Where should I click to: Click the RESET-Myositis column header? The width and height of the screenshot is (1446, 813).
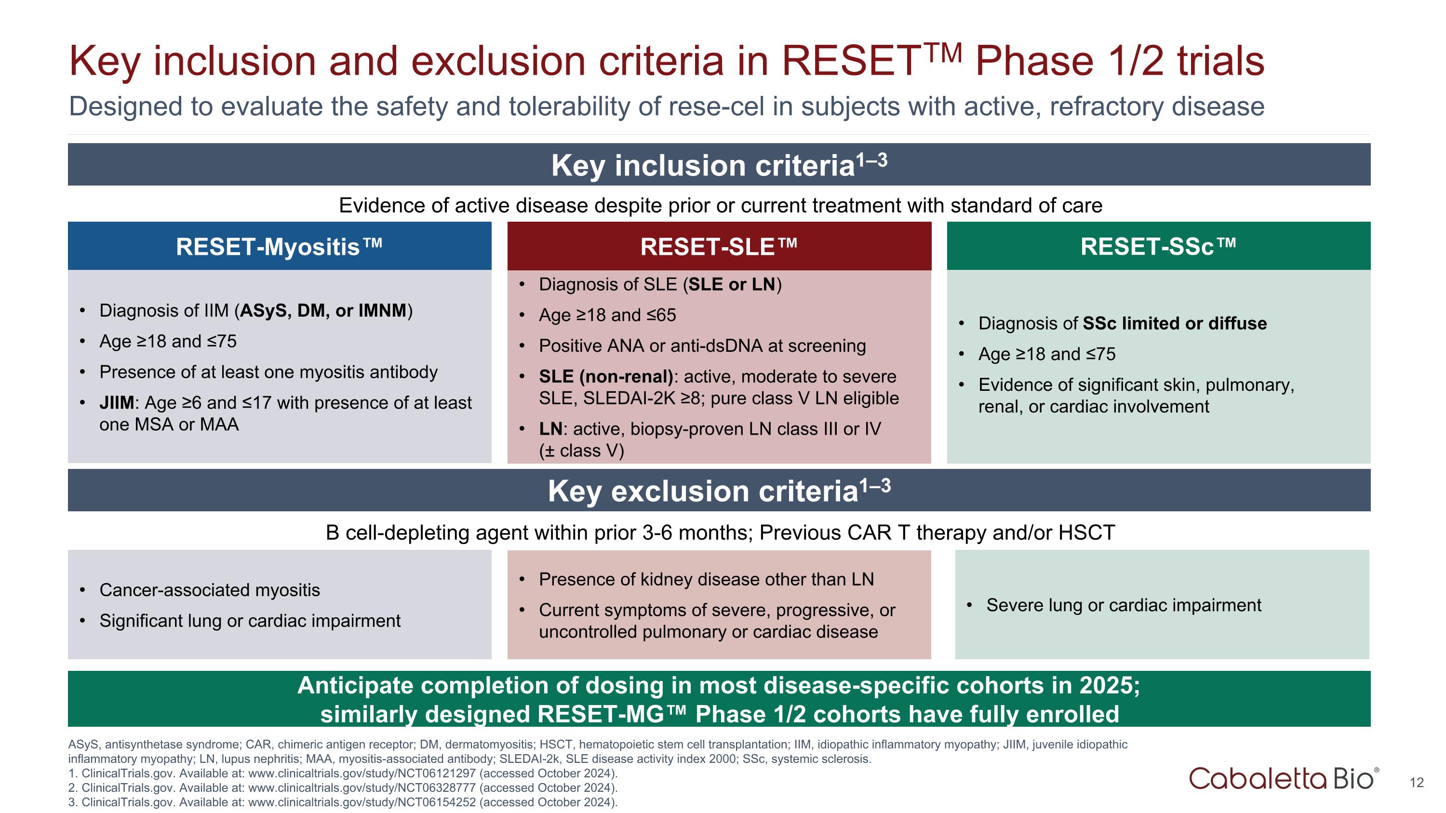click(x=279, y=247)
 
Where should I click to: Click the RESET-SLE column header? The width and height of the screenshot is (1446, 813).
click(x=719, y=247)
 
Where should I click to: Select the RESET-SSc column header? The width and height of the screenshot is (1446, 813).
click(x=1158, y=247)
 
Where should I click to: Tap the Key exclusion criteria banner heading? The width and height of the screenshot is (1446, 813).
click(x=719, y=491)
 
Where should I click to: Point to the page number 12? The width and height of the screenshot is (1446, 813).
click(x=1416, y=783)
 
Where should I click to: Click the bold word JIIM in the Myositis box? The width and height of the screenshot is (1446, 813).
click(x=117, y=403)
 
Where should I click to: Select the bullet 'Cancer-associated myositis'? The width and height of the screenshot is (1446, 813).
click(x=209, y=590)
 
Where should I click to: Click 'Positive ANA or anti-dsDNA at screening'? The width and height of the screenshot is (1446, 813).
click(x=702, y=346)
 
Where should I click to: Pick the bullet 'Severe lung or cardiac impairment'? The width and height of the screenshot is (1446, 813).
click(x=1123, y=605)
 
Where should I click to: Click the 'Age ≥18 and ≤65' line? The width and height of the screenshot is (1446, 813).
click(x=607, y=315)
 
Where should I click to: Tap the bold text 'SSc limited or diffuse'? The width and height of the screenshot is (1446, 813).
click(x=1174, y=324)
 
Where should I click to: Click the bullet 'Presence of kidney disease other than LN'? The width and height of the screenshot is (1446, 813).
click(x=706, y=580)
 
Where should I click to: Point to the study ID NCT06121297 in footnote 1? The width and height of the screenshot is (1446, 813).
click(x=432, y=773)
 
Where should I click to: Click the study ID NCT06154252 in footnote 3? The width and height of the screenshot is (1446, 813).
click(x=432, y=802)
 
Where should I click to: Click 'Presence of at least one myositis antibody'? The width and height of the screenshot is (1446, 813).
click(x=268, y=372)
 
